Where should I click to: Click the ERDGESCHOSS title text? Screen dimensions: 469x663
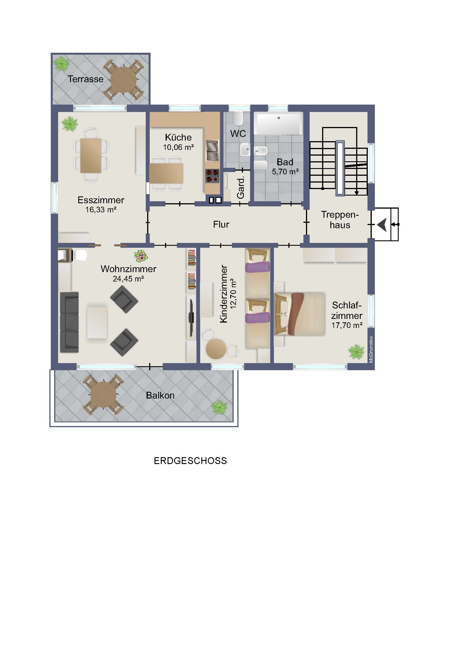190,461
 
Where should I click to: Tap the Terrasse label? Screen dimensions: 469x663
85,79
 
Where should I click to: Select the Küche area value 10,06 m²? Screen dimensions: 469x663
178,147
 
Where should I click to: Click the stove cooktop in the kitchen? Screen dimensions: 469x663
212,176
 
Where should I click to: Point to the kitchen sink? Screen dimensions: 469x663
212,150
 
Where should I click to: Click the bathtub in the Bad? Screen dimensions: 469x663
278,124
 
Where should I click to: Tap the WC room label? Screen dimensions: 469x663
238,134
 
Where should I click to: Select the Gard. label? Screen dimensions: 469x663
240,187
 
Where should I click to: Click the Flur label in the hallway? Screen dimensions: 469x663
221,224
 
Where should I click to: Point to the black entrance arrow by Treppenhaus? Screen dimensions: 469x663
382,225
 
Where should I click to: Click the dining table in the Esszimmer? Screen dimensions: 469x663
91,155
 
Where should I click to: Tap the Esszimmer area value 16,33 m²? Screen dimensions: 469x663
101,210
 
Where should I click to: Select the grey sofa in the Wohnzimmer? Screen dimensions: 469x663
69,322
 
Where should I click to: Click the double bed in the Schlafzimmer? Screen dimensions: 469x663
300,314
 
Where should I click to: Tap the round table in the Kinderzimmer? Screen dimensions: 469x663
216,349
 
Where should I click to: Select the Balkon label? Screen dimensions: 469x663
160,395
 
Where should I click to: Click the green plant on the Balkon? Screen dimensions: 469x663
219,407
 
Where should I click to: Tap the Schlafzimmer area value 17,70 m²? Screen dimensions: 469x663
347,325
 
